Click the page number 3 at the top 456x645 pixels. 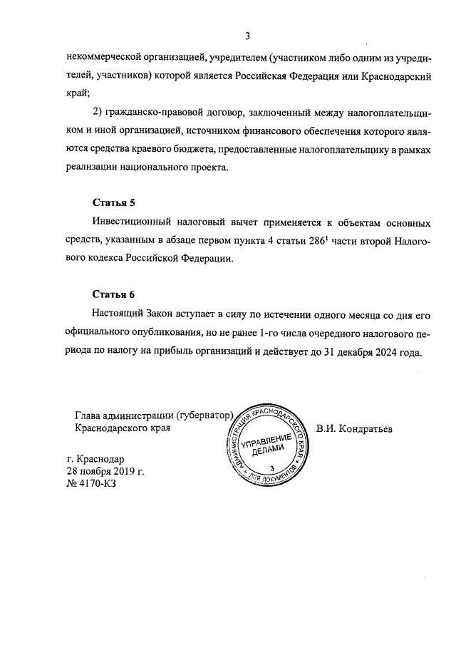247,36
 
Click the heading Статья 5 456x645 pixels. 113,202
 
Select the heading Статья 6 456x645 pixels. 113,294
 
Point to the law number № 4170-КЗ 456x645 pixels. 90,483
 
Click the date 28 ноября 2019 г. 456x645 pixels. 105,471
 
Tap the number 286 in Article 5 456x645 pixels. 328,242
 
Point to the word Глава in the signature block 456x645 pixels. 88,416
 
